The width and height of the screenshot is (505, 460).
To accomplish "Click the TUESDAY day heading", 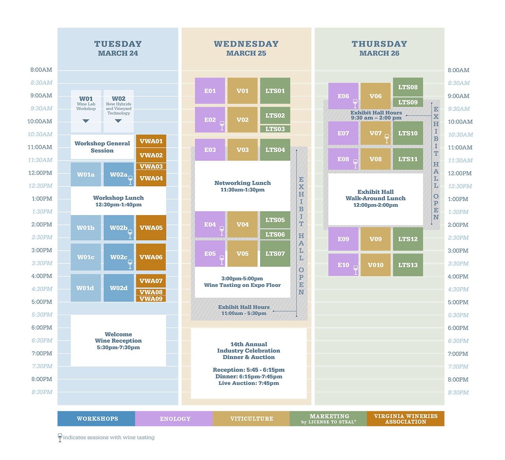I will [x=118, y=44].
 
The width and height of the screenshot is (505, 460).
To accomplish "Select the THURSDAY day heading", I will [x=379, y=44].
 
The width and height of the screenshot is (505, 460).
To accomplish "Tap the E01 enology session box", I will [x=210, y=91].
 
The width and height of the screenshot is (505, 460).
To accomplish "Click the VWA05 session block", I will [x=151, y=228].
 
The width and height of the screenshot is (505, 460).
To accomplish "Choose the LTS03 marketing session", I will [x=275, y=129].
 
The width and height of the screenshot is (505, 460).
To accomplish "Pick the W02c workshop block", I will [x=119, y=257].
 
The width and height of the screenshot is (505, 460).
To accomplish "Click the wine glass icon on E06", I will [x=355, y=103].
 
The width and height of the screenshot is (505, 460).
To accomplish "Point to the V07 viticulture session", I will [x=375, y=133].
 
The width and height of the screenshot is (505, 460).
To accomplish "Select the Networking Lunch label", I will [x=242, y=183].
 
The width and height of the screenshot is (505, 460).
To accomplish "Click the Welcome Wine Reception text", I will [x=118, y=338].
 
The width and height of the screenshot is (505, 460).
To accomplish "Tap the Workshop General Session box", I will [x=102, y=147].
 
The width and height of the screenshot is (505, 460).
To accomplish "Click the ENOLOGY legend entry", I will [x=175, y=419].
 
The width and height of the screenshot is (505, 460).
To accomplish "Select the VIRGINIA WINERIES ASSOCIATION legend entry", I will [x=405, y=419].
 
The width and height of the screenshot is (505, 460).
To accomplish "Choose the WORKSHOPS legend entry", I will [x=97, y=419].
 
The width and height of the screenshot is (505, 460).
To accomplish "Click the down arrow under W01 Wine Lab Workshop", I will [x=86, y=121].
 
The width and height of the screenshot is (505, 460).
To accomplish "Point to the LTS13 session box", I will [x=408, y=265].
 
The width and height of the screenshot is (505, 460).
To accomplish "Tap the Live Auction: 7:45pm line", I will [x=249, y=383].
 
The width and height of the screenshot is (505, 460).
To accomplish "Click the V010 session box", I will [x=375, y=265].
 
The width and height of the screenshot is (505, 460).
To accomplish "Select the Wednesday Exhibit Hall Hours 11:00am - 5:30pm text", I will [x=244, y=310].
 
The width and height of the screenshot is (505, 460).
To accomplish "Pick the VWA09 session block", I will [x=151, y=299].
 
